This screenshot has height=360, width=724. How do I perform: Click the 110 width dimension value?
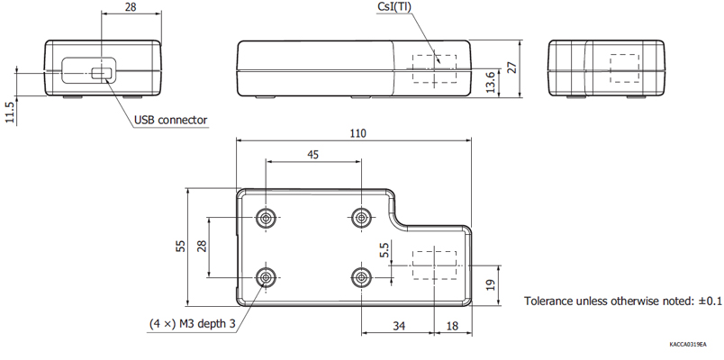[357, 133]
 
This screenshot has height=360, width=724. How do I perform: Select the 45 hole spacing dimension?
[312, 155]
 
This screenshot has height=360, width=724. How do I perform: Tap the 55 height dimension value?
[180, 245]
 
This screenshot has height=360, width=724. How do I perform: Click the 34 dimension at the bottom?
[397, 325]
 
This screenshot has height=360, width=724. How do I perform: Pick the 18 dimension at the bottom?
[451, 325]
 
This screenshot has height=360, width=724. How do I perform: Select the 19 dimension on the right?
[491, 285]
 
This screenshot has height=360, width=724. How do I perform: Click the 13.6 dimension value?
[490, 81]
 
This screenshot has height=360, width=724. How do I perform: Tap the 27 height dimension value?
[512, 68]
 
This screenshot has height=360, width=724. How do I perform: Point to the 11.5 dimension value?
[10, 112]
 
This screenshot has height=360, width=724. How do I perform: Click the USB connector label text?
[170, 120]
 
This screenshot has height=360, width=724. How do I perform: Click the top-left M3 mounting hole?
[267, 218]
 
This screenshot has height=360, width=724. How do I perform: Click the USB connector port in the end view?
[103, 72]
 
